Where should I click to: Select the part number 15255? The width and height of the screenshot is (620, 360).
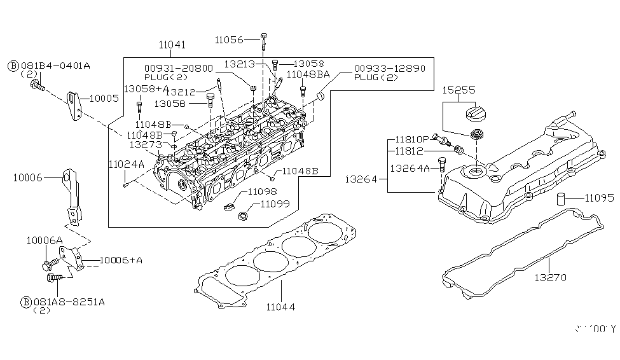point(459,90)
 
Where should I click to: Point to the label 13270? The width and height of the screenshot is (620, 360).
point(550,277)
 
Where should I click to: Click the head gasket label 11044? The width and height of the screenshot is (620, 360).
point(280,307)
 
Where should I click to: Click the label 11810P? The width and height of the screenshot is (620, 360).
point(413,139)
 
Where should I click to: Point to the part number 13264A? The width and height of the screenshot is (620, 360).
point(411,169)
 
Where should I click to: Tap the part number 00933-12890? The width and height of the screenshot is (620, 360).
point(390,68)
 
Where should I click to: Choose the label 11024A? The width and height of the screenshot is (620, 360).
point(127,164)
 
